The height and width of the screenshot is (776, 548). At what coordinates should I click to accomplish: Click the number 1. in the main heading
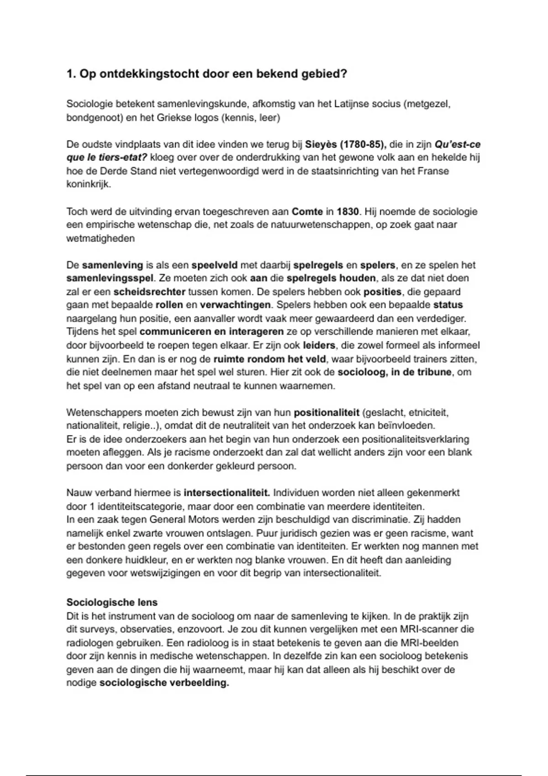click(x=72, y=74)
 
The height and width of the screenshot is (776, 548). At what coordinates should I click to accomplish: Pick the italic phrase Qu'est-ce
click(x=458, y=144)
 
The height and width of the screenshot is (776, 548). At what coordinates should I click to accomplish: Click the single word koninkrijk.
click(x=88, y=185)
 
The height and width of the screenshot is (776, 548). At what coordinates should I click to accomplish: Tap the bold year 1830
click(x=348, y=211)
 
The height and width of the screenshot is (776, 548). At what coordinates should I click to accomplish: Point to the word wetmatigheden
click(x=100, y=238)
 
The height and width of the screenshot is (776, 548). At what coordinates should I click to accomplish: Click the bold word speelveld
click(x=215, y=265)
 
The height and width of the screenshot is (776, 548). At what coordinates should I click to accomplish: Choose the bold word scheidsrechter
click(x=149, y=292)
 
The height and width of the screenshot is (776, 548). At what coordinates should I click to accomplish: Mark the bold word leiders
click(x=319, y=346)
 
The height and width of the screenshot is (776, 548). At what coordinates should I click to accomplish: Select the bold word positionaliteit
click(x=327, y=413)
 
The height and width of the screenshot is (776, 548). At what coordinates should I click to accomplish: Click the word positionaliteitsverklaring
click(x=416, y=440)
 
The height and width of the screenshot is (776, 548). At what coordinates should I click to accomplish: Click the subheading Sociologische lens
click(x=112, y=602)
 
